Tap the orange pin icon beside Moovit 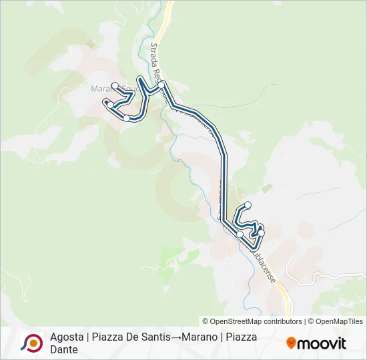click(x=291, y=343)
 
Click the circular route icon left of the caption click(x=31, y=343)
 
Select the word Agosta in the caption click(x=65, y=337)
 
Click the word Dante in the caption click(x=63, y=349)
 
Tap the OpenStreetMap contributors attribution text click(x=254, y=321)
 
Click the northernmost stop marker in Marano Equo click(x=115, y=85)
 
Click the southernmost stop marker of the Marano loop click(x=126, y=118)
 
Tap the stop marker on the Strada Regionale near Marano click(x=161, y=84)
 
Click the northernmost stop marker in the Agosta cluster click(x=248, y=205)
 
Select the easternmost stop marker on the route click(x=261, y=232)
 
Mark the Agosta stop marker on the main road click(x=240, y=234)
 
